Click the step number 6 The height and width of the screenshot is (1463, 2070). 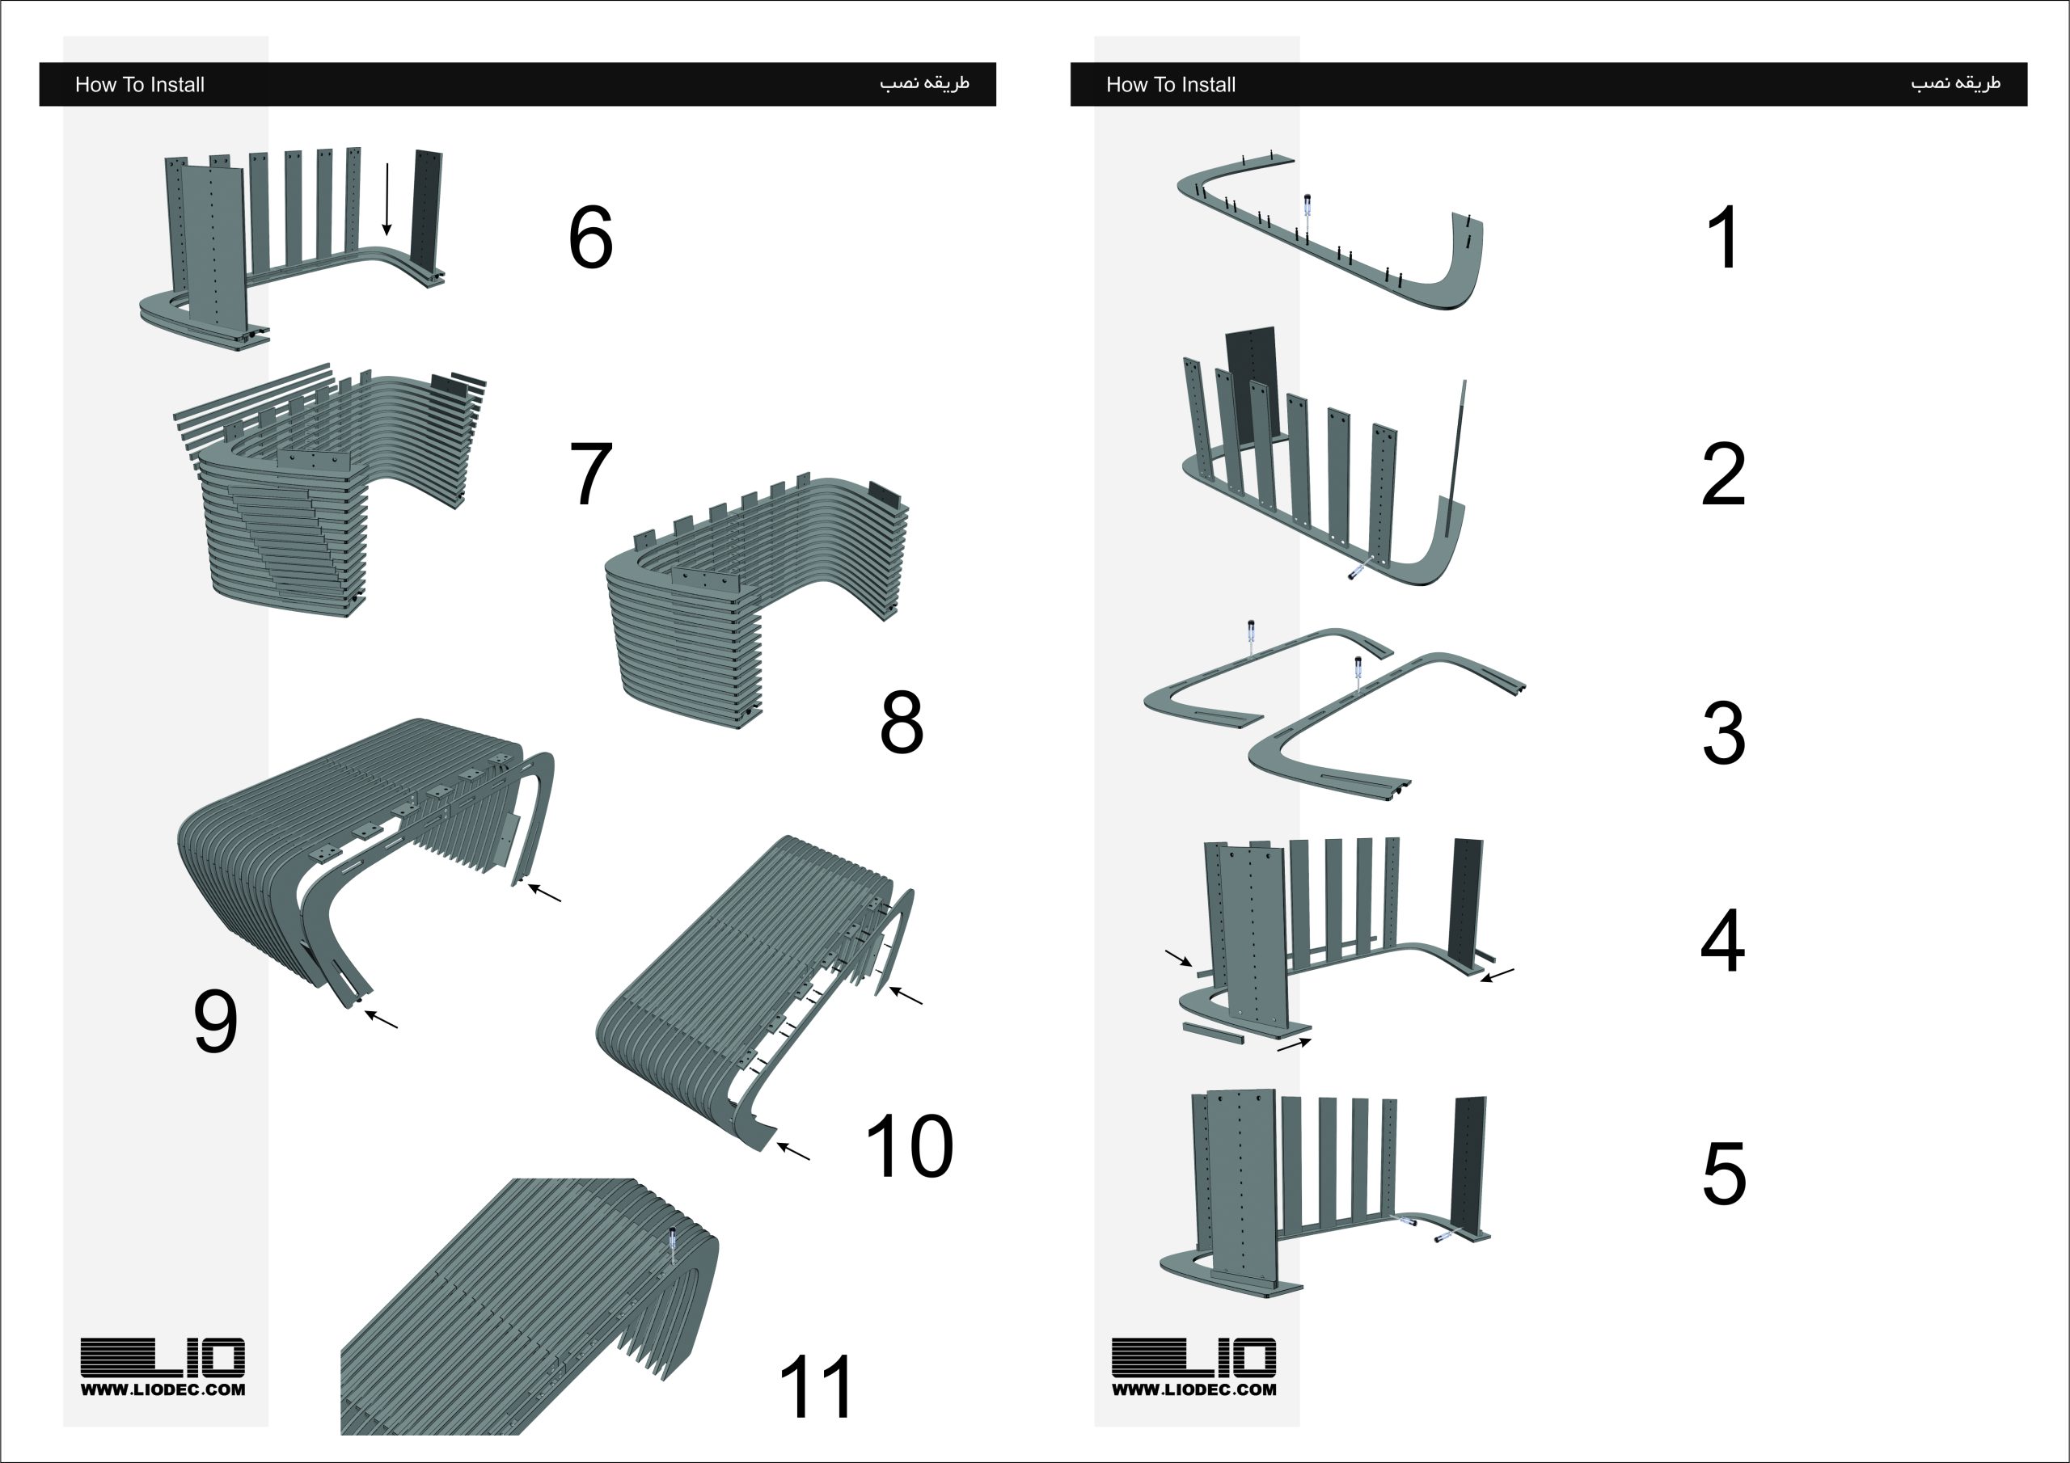click(590, 237)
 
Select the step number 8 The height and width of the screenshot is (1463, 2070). click(902, 721)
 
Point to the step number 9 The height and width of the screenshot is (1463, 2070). click(215, 1022)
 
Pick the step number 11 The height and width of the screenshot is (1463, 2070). click(815, 1387)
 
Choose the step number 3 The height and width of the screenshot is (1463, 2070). click(1724, 733)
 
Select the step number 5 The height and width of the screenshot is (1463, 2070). click(1724, 1173)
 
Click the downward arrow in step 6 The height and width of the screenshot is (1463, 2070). click(387, 199)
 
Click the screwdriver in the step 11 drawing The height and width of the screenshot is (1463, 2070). click(671, 1246)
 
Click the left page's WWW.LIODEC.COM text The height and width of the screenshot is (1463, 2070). click(163, 1389)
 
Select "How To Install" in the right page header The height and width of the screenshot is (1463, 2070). click(1170, 85)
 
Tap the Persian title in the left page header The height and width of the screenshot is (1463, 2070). click(924, 83)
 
